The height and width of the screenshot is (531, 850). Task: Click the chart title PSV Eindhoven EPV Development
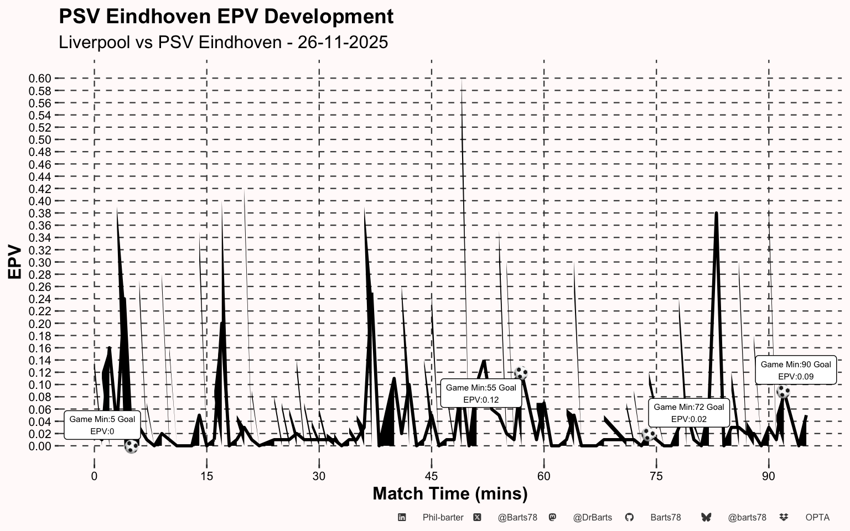pos(226,17)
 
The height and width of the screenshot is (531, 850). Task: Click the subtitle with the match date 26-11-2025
pos(223,42)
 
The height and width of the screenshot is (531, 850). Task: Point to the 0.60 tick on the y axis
pos(40,79)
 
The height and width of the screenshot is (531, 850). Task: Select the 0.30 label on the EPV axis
pos(40,263)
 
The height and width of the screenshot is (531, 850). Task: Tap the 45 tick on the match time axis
pos(432,476)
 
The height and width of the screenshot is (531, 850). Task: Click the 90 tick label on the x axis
pos(769,476)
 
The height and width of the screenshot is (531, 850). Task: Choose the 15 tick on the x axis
pos(206,476)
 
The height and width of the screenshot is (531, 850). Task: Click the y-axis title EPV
pos(15,262)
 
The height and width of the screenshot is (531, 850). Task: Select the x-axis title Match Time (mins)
pos(450,494)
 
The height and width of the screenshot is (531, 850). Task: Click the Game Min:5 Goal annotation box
pos(102,425)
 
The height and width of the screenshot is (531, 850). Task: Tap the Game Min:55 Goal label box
pos(481,393)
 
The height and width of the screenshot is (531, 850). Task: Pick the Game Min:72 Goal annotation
pos(689,413)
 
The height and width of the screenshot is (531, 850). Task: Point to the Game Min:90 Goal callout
pos(796,370)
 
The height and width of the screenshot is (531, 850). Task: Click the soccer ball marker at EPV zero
pos(131,446)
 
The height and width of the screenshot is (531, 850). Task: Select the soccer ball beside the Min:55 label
pos(521,373)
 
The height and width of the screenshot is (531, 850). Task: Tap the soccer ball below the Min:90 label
pos(783,392)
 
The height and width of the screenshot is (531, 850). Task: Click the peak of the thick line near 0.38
pos(716,213)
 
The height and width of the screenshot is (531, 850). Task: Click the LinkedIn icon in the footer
pos(402,517)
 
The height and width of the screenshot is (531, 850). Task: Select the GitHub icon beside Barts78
pos(629,517)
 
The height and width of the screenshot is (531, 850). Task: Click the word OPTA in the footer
pos(817,518)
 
